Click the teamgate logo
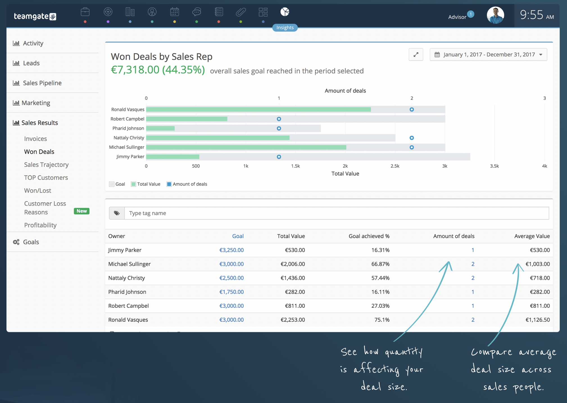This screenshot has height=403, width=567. pos(35,16)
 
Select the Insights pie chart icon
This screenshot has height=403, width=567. pos(285,12)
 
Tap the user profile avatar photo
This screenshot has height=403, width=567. pos(495,15)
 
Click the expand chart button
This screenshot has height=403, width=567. pos(416,55)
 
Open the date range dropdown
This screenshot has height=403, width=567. pos(488,55)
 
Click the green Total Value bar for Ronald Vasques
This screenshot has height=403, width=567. pos(258,109)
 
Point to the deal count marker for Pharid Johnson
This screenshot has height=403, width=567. pos(279,128)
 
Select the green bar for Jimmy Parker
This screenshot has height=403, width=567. pos(173,157)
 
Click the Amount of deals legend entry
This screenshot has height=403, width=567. pos(187,184)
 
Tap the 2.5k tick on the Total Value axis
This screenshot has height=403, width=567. pos(395,166)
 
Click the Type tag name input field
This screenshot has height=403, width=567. pos(337,213)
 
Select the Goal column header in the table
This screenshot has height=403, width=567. pos(238,236)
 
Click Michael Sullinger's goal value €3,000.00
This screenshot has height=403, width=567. pos(231,264)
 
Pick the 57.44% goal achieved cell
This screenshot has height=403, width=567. pos(380,278)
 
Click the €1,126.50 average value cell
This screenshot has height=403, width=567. pos(537,320)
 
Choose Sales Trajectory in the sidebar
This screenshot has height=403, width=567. pos(46,165)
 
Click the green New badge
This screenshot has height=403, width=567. pos(81,211)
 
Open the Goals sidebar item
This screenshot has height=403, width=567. pos(31,242)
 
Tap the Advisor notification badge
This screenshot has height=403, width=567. pos(471,14)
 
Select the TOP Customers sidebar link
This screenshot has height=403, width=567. pos(46,178)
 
